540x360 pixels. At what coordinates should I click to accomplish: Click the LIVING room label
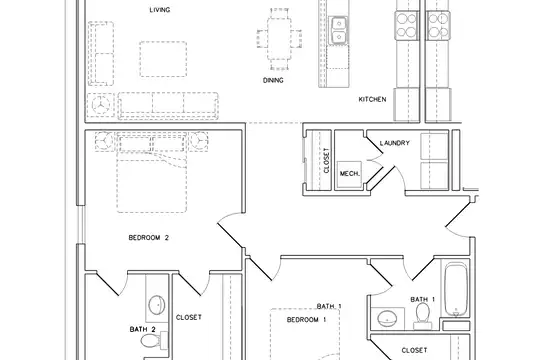(x=160, y=10)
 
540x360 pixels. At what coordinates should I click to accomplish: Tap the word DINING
(x=273, y=80)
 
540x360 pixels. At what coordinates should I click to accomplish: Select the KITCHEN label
(x=372, y=99)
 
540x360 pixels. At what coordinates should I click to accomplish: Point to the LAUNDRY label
(x=395, y=143)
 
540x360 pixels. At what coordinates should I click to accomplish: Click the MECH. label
(x=350, y=174)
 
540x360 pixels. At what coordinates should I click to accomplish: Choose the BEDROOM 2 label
(x=148, y=237)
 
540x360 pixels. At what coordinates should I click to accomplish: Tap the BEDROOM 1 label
(x=306, y=320)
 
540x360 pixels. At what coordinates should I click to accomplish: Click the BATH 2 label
(x=143, y=329)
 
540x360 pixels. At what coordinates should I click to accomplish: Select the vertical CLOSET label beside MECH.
(x=326, y=160)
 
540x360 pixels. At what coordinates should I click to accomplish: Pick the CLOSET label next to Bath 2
(x=189, y=317)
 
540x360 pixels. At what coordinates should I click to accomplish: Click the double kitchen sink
(x=339, y=30)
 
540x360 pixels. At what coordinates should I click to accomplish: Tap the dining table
(x=279, y=39)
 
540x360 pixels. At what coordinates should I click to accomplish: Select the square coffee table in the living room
(x=163, y=59)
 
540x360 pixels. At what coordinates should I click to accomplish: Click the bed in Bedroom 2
(x=152, y=172)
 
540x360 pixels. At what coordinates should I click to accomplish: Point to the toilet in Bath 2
(x=151, y=341)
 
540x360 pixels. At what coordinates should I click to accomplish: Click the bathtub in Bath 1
(x=456, y=289)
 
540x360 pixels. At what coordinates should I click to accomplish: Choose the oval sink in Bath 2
(x=157, y=304)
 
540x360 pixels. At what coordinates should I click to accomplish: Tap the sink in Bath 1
(x=387, y=318)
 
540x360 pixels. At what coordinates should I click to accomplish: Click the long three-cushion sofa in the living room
(x=168, y=105)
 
